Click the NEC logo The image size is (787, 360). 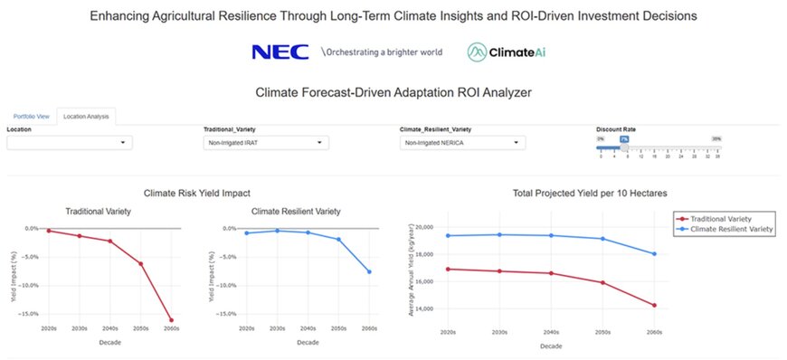[279, 52]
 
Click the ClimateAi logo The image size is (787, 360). [507, 52]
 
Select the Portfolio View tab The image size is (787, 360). [31, 117]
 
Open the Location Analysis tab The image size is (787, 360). [87, 117]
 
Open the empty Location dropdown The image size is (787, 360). [70, 143]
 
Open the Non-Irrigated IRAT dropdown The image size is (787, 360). [265, 143]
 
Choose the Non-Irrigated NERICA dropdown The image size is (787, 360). [462, 143]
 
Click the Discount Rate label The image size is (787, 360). [615, 129]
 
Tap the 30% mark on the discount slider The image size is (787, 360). [716, 138]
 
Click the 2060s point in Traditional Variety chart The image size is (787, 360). [171, 319]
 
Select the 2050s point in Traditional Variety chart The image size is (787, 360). [140, 263]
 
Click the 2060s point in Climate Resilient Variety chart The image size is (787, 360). [368, 271]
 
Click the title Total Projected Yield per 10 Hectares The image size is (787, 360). [589, 194]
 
